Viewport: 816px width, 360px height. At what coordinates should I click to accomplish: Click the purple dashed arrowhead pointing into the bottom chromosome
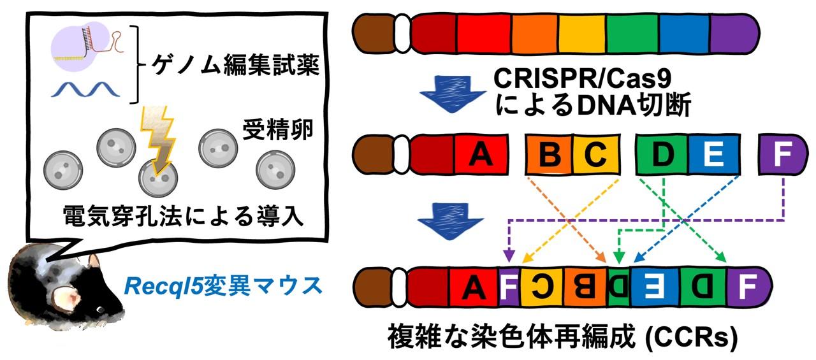pos(508,258)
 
